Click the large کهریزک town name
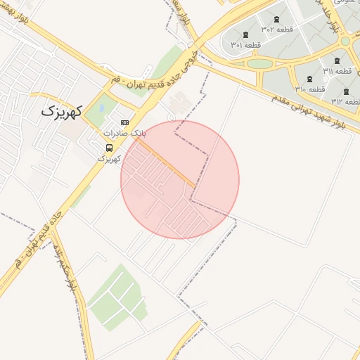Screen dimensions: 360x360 tap(62, 110)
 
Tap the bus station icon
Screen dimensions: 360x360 tap(109, 148)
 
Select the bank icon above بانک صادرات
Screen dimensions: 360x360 tap(125, 122)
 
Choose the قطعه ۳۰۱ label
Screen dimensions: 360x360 tap(245, 44)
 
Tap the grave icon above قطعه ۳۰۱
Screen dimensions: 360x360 tap(245, 35)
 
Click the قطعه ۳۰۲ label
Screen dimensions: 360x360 tap(277, 29)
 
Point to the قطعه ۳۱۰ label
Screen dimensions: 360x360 tap(309, 89)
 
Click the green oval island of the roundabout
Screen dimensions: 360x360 tap(259, 63)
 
